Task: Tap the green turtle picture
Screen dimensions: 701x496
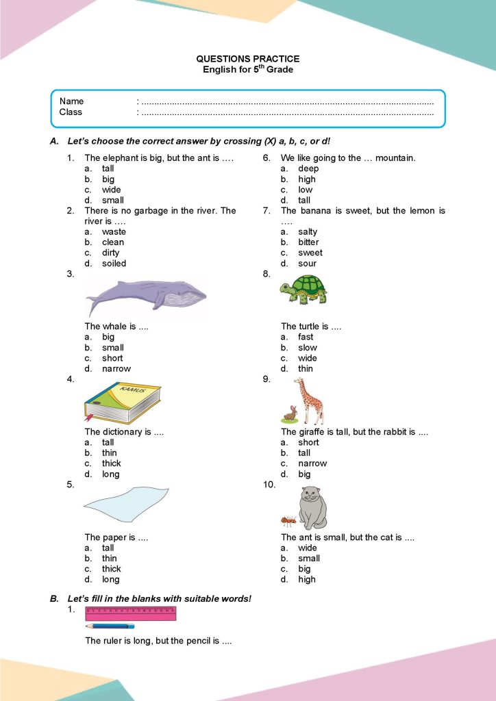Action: coord(303,289)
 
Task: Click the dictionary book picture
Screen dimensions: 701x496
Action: coord(122,403)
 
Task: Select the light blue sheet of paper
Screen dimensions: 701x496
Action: coord(125,505)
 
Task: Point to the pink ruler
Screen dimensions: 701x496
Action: coord(130,613)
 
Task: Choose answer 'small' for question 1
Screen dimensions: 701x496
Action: coord(112,201)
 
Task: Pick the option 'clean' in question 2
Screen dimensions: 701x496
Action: coord(113,242)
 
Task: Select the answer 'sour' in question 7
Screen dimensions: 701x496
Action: coord(308,264)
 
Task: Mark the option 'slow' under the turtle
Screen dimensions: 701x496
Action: coord(308,348)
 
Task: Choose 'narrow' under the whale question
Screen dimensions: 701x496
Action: coord(116,369)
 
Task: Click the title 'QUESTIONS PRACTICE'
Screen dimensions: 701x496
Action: coord(248,60)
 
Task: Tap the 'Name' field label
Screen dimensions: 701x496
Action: coord(72,101)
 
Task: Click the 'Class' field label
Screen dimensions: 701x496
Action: coord(71,112)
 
